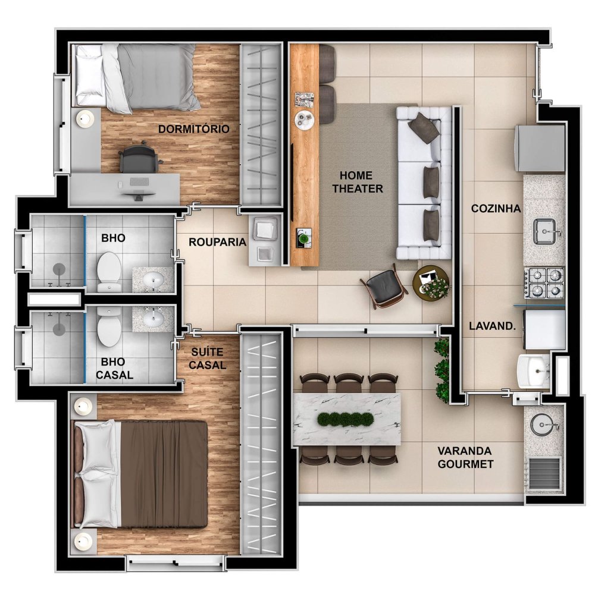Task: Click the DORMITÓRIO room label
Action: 193,129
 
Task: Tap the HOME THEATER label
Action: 358,182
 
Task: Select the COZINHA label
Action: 496,208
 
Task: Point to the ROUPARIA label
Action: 217,242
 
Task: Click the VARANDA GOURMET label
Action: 465,457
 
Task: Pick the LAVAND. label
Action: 492,326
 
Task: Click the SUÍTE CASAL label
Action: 207,359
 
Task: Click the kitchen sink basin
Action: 545,231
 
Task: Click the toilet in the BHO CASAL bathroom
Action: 109,326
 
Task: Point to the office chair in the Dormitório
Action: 139,157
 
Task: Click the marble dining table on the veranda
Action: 347,419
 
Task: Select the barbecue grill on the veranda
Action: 545,473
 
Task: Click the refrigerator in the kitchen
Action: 540,149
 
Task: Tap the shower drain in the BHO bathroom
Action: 59,269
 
